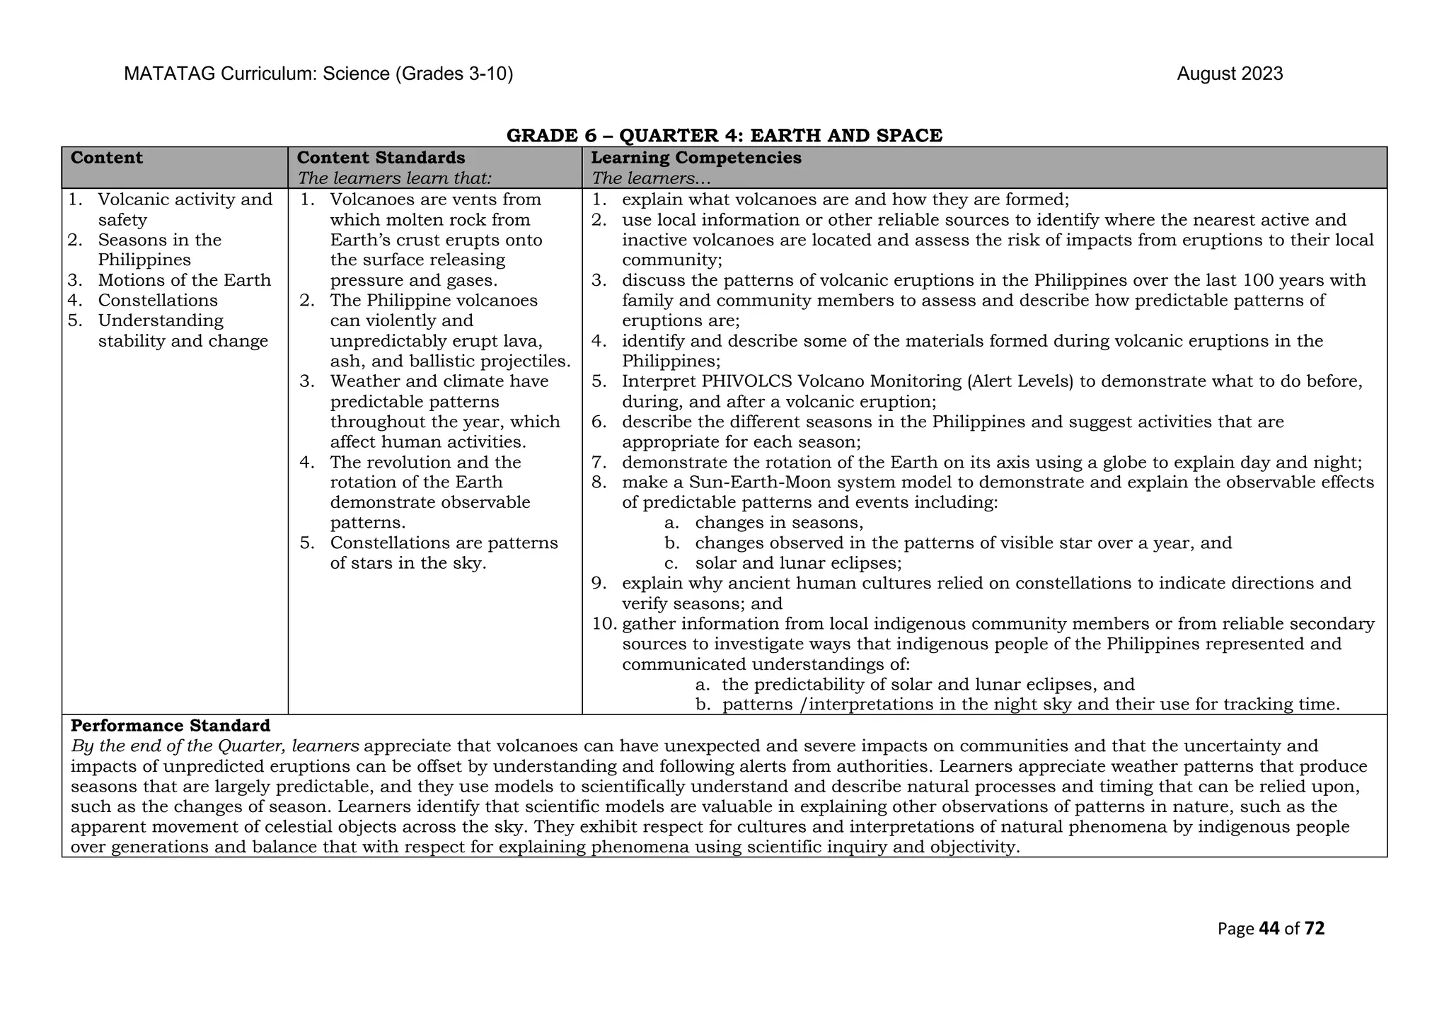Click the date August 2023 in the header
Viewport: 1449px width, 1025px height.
[x=1230, y=74]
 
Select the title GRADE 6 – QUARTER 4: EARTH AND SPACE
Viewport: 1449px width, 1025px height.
[x=724, y=135]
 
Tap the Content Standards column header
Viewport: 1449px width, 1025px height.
[x=381, y=158]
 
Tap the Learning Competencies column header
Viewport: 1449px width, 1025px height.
[x=695, y=158]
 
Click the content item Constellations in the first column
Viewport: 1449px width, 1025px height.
[x=158, y=301]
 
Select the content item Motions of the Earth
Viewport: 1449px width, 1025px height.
[x=184, y=280]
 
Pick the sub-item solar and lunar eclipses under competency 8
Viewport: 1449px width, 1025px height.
[x=797, y=563]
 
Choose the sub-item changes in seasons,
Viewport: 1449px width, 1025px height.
[x=779, y=523]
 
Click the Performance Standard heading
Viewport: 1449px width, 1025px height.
[x=171, y=726]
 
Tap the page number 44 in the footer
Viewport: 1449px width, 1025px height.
[x=1269, y=929]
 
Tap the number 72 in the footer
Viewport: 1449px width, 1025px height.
[x=1314, y=929]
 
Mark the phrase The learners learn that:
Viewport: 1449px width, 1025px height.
[x=394, y=178]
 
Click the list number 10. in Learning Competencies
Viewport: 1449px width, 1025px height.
[x=605, y=624]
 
